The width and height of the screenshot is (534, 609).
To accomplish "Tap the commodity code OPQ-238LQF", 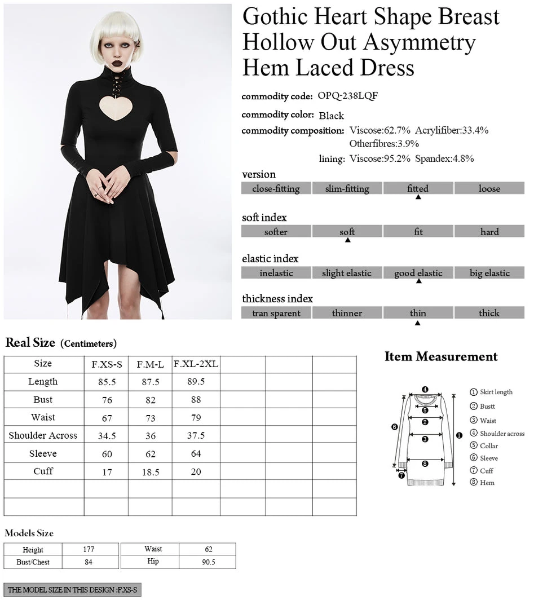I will [x=347, y=96].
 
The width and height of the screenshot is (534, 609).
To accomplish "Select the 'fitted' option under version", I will [x=418, y=188].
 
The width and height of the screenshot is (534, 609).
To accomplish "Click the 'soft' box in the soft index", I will [x=347, y=232].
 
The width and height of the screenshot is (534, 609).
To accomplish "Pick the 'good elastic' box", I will [x=418, y=273].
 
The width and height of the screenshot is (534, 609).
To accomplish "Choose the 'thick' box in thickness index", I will [x=489, y=313].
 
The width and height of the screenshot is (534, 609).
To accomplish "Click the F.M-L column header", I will [x=151, y=364].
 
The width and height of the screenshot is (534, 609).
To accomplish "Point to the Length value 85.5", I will [x=107, y=382].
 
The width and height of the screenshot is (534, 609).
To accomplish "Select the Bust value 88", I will [x=196, y=400].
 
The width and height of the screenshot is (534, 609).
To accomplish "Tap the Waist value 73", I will [x=151, y=418].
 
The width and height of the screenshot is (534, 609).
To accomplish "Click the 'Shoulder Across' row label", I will [x=43, y=435].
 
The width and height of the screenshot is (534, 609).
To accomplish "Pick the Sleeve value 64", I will [x=196, y=453].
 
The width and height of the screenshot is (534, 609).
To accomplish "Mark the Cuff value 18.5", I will [x=151, y=472].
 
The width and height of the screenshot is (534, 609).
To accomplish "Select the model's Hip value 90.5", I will [x=209, y=562].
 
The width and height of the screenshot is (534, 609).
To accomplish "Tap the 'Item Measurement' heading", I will [x=441, y=356].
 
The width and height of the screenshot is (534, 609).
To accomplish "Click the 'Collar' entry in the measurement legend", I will [x=489, y=445].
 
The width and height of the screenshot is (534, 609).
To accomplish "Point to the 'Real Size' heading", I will [x=30, y=342].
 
